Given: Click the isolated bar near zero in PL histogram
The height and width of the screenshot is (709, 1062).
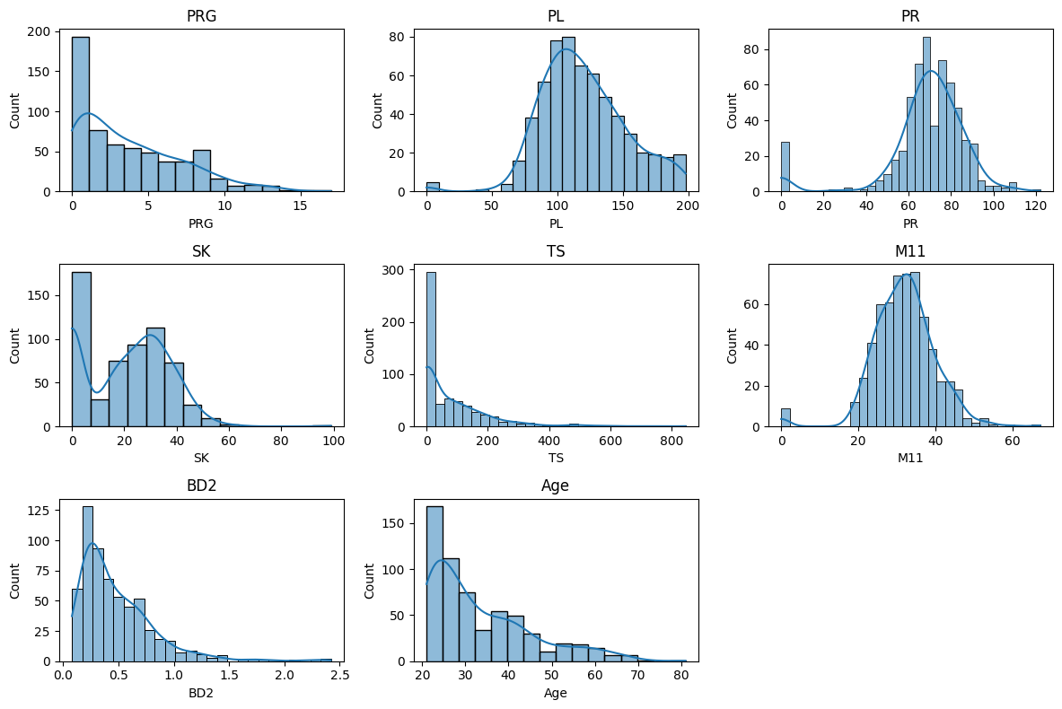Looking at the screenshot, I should [433, 187].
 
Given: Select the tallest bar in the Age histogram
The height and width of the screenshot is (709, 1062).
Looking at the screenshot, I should [434, 583].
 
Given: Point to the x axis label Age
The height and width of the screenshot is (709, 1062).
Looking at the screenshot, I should [555, 692].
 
